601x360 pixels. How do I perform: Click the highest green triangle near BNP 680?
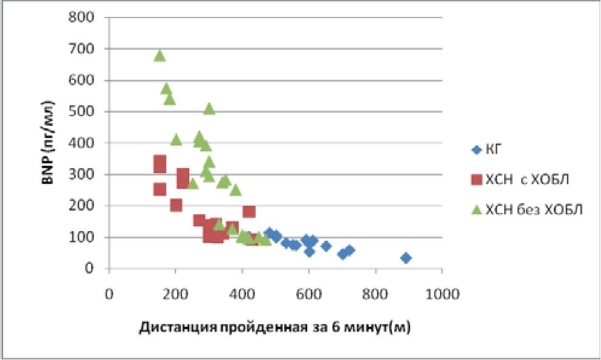pos(160,56)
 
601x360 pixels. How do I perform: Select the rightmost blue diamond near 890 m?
pos(406,258)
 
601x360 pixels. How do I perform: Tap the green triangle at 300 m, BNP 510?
pos(209,108)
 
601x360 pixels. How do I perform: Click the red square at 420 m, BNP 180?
pos(249,211)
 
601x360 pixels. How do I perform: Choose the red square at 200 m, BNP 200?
pos(176,205)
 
